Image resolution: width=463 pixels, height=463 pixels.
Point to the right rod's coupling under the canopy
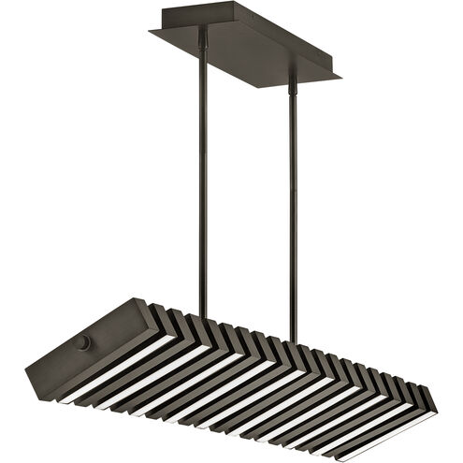(x=292, y=85)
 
